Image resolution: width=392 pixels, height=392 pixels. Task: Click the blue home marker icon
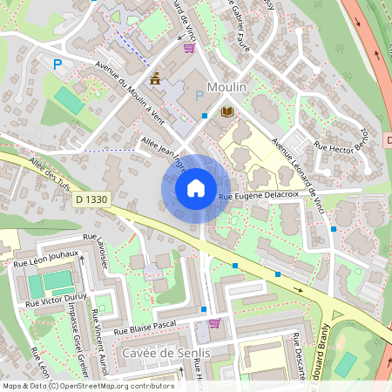pos(196,188)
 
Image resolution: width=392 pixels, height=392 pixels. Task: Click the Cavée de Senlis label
pos(166,353)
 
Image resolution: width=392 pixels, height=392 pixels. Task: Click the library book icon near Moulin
pos(227,112)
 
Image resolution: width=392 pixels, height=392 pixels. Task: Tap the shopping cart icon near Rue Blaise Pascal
pos(214,323)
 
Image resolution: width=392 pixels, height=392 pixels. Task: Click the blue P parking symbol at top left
pos(58,64)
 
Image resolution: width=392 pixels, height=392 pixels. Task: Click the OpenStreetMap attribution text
pos(87,386)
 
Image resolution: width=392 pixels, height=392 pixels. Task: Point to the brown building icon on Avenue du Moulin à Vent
pos(155,80)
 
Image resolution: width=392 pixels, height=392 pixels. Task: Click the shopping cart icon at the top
pos(189,48)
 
